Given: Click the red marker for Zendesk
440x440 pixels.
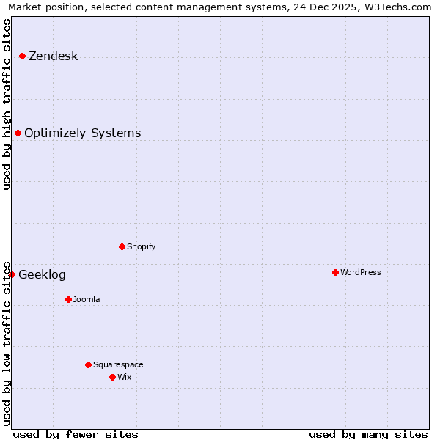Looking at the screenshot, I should click(x=23, y=56).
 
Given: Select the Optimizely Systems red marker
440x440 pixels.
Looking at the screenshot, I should click(x=18, y=133).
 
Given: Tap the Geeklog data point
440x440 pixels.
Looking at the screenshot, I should click(x=12, y=275).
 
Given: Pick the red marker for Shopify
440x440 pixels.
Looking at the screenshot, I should click(x=122, y=247).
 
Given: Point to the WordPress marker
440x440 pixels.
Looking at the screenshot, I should click(x=336, y=273).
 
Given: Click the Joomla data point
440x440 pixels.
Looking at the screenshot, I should click(x=69, y=300).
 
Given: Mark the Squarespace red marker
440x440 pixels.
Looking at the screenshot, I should click(x=89, y=365).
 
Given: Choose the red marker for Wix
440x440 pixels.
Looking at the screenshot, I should click(x=113, y=378).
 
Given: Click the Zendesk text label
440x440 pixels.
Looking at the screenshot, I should click(x=53, y=56).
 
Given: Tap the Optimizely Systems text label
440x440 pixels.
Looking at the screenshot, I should click(x=82, y=133).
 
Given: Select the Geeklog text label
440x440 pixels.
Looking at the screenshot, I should click(x=42, y=275).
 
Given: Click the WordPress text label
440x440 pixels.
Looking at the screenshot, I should click(x=360, y=273).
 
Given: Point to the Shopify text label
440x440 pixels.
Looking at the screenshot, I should click(x=141, y=247).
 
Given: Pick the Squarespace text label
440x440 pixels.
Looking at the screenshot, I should click(x=118, y=365).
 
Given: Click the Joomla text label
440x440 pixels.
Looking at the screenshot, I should click(x=87, y=300).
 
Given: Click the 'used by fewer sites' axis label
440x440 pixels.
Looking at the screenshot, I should click(x=76, y=435).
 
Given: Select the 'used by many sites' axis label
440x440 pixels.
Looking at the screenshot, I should click(x=368, y=435).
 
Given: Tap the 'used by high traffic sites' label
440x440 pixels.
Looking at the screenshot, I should click(x=7, y=104).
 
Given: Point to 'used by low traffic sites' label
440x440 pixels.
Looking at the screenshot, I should click(x=7, y=343).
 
